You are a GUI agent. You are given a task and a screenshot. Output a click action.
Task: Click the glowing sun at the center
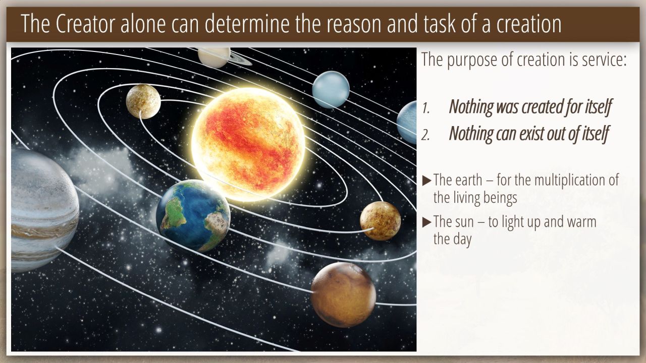pyautogui.click(x=248, y=145)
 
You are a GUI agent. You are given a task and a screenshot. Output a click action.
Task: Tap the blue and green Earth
pyautogui.click(x=193, y=216)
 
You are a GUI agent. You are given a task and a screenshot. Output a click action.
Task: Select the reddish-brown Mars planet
pyautogui.click(x=343, y=295)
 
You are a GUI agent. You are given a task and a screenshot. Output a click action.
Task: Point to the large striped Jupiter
pyautogui.click(x=43, y=210)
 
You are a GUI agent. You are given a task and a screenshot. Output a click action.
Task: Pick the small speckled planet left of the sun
pyautogui.click(x=143, y=101)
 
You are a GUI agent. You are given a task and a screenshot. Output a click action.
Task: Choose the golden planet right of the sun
pyautogui.click(x=381, y=221)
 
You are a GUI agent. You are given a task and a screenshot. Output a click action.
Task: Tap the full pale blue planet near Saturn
pyautogui.click(x=331, y=90)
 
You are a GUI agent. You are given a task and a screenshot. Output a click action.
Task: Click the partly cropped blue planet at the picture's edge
pyautogui.click(x=407, y=123)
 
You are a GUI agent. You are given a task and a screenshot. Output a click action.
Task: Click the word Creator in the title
pyautogui.click(x=85, y=24)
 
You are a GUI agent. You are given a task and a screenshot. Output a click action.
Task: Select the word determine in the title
pyautogui.click(x=247, y=24)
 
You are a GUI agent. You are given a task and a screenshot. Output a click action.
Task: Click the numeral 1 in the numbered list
pyautogui.click(x=425, y=108)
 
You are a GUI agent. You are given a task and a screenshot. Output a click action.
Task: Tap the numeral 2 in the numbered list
pyautogui.click(x=425, y=135)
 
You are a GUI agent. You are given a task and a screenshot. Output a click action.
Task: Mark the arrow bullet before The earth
pyautogui.click(x=426, y=180)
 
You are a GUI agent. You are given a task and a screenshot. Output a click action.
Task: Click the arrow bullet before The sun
pyautogui.click(x=426, y=222)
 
